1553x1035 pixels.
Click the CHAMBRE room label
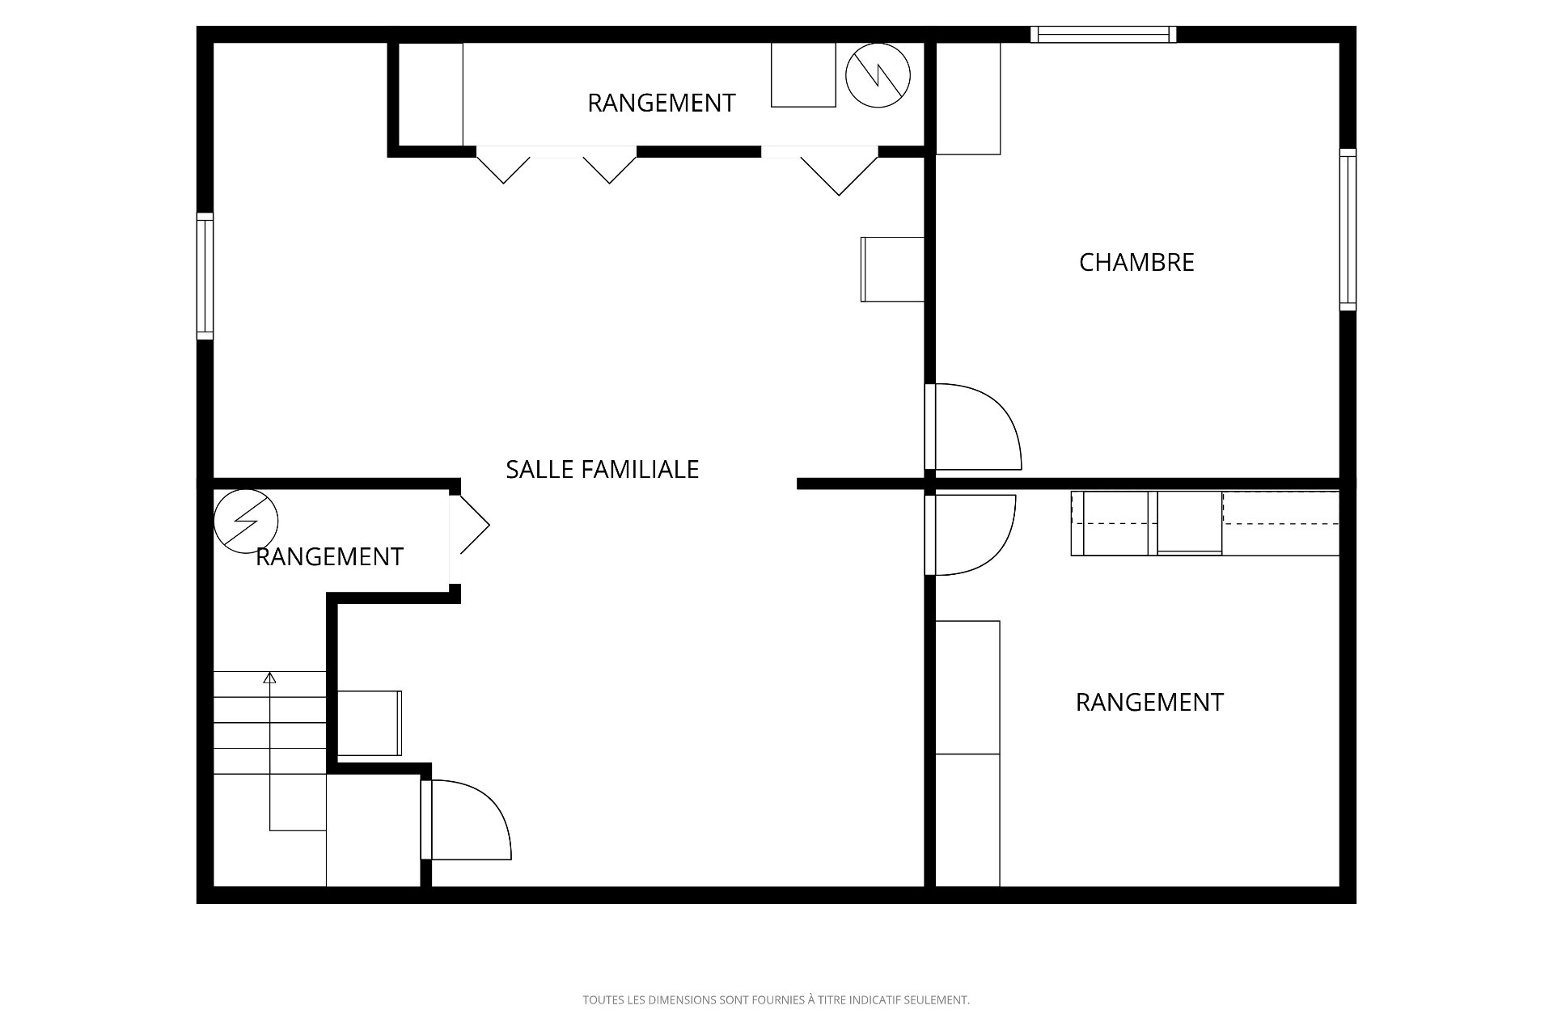[x=1136, y=262]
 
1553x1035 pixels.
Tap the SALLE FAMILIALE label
[x=602, y=469]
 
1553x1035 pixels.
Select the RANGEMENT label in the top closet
[x=661, y=103]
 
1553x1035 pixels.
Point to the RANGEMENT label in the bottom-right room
[x=1149, y=702]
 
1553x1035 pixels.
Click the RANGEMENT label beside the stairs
[x=329, y=556]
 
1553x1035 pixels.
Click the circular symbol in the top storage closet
[x=878, y=75]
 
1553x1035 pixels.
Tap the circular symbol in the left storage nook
[x=246, y=522]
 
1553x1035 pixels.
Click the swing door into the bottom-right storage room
[x=971, y=534]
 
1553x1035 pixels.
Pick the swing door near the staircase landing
[x=466, y=819]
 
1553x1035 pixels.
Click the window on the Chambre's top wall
[x=1103, y=34]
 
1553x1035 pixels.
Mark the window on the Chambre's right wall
[x=1348, y=230]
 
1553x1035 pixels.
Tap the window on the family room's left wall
[x=205, y=276]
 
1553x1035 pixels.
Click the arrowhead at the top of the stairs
[x=269, y=678]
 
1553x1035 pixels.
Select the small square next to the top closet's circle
[x=803, y=74]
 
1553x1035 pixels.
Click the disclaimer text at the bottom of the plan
[x=776, y=1000]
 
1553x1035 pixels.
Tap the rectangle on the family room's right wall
[x=893, y=269]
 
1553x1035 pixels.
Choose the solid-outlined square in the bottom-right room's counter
[x=1189, y=523]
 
